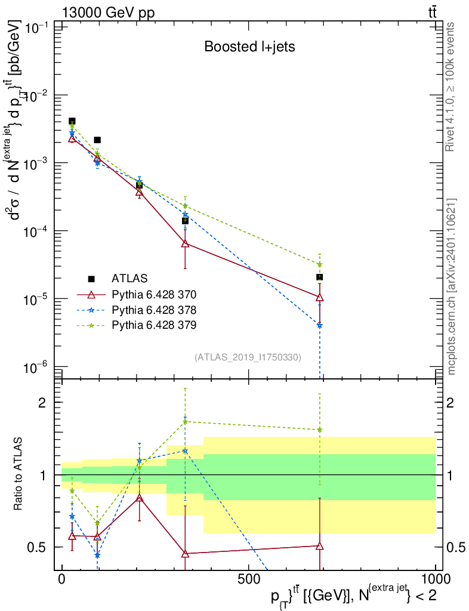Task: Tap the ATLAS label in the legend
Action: pyautogui.click(x=129, y=279)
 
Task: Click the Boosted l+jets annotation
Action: pyautogui.click(x=249, y=47)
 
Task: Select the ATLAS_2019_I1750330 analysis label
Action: pyautogui.click(x=248, y=357)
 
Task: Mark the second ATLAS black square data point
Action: pyautogui.click(x=97, y=140)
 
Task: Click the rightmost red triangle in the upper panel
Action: pyautogui.click(x=320, y=297)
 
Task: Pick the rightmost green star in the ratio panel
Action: pyautogui.click(x=320, y=430)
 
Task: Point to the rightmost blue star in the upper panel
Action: pyautogui.click(x=320, y=325)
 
